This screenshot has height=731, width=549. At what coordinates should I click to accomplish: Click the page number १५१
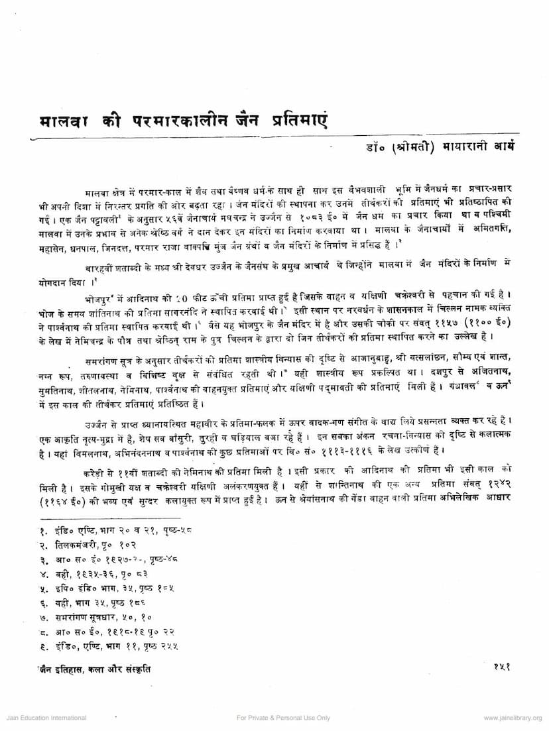501,669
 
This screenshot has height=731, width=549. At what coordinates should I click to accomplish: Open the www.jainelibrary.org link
513,718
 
